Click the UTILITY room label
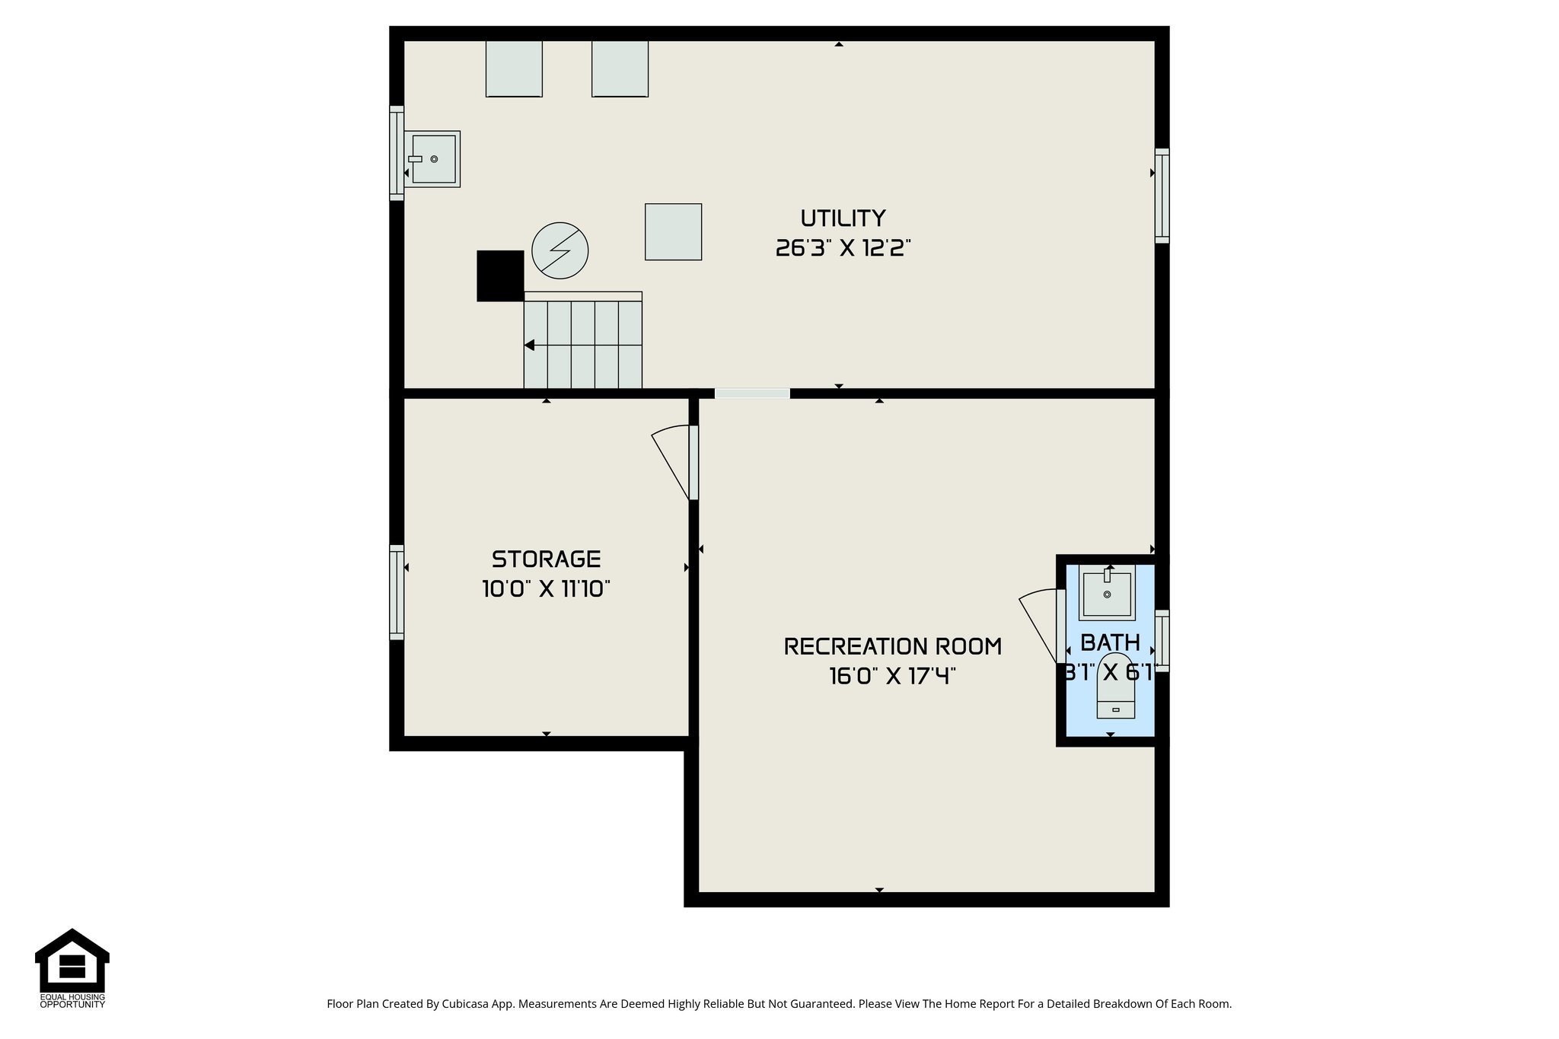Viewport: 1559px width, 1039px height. click(x=843, y=218)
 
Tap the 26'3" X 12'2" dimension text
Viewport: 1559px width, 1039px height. click(x=843, y=248)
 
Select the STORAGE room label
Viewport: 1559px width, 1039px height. click(x=546, y=559)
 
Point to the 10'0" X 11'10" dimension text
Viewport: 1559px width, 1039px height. click(x=546, y=589)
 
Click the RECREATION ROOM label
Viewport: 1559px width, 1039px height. click(x=892, y=647)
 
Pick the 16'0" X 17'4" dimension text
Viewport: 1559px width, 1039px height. click(x=892, y=676)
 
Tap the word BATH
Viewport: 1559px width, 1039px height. click(x=1110, y=642)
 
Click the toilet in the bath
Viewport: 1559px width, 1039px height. click(x=1115, y=689)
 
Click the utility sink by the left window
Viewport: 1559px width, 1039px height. click(x=433, y=159)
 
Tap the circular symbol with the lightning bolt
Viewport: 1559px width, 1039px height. click(x=560, y=250)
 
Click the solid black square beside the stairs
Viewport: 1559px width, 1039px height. click(x=500, y=276)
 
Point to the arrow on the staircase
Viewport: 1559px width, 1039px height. click(x=530, y=346)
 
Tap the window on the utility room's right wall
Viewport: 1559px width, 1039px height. click(x=1162, y=196)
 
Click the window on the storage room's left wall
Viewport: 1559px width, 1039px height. click(x=397, y=592)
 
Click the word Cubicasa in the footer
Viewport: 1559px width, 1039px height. click(x=465, y=1004)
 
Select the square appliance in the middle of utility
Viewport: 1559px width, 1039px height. click(x=673, y=232)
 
